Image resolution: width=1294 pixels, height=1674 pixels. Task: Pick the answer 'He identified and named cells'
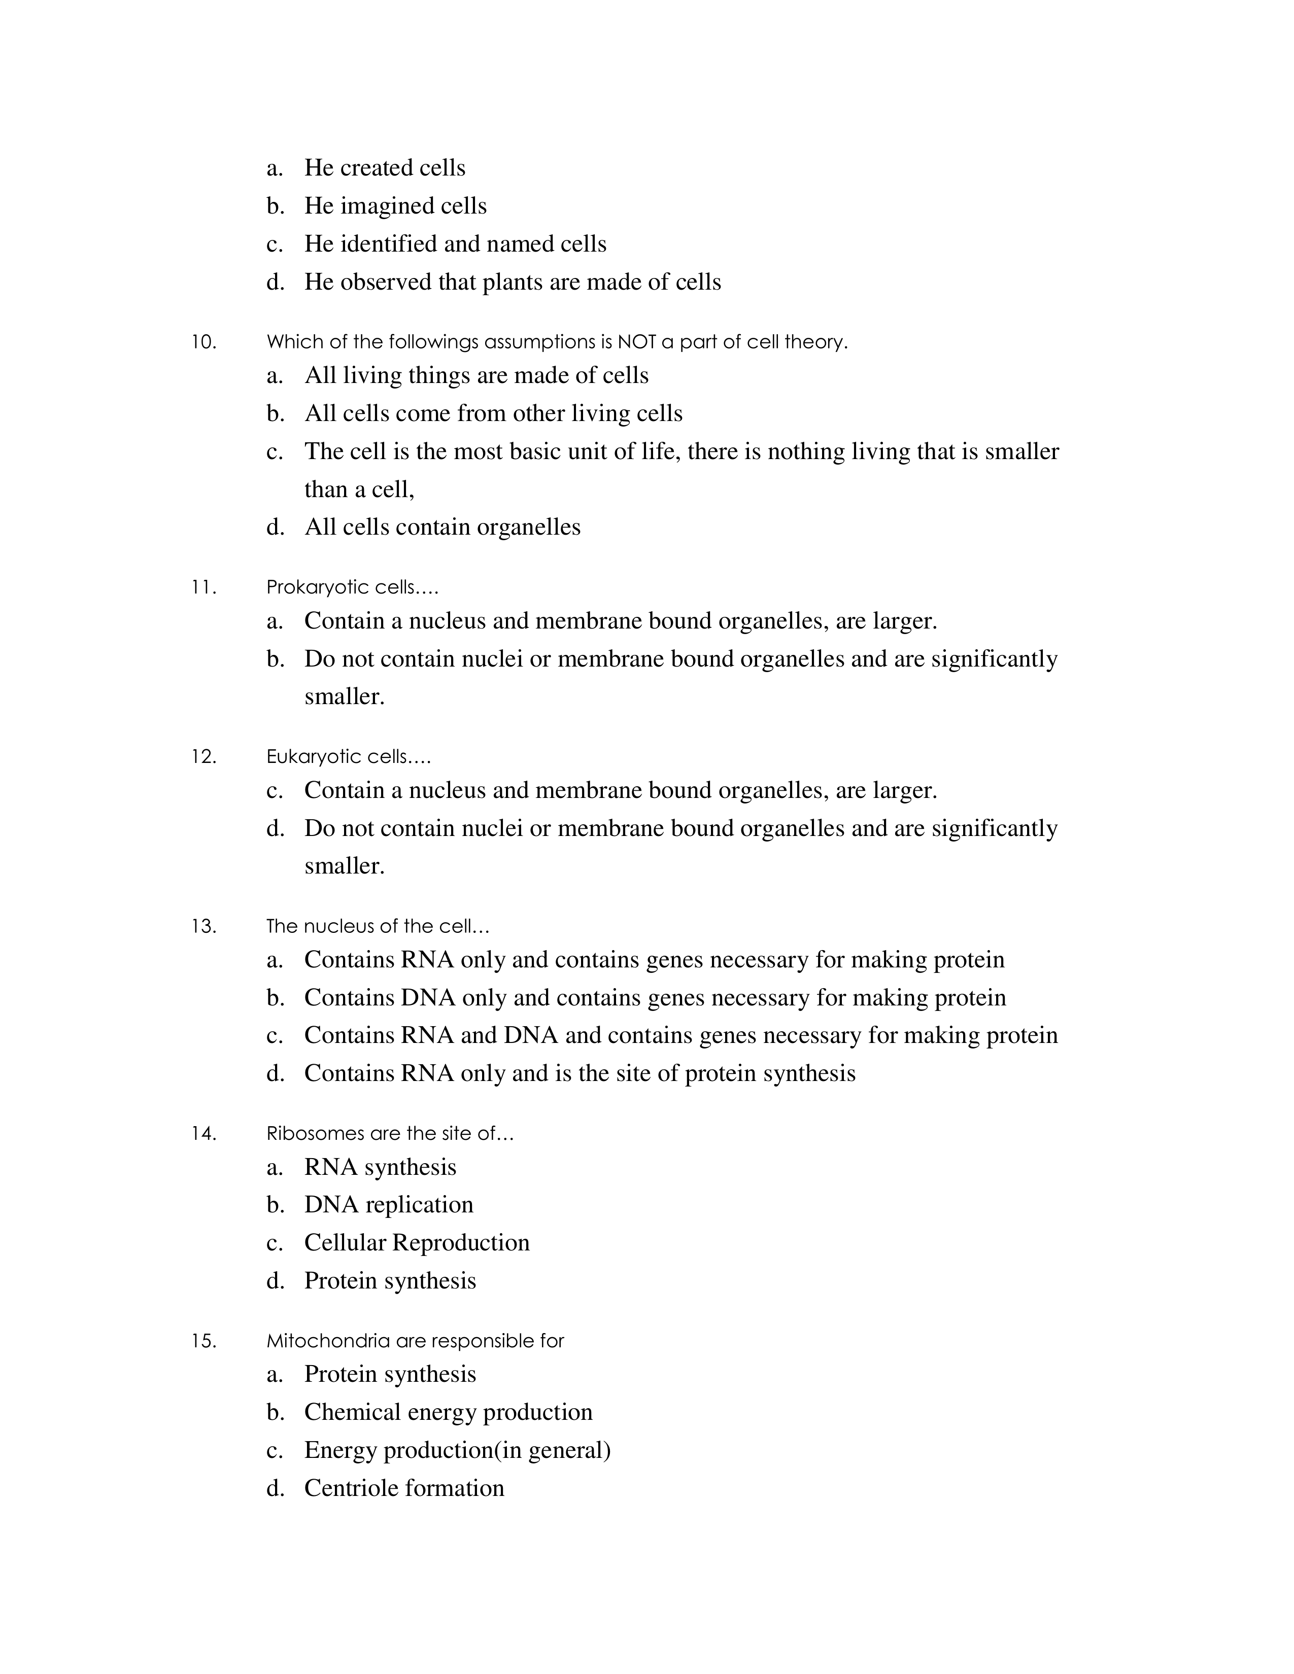[455, 243]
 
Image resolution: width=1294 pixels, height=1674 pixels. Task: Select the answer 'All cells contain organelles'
[442, 528]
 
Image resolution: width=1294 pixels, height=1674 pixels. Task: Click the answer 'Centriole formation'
[404, 1488]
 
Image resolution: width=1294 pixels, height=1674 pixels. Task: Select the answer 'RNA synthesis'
[380, 1167]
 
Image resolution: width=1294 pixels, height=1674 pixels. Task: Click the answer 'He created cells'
[384, 168]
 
